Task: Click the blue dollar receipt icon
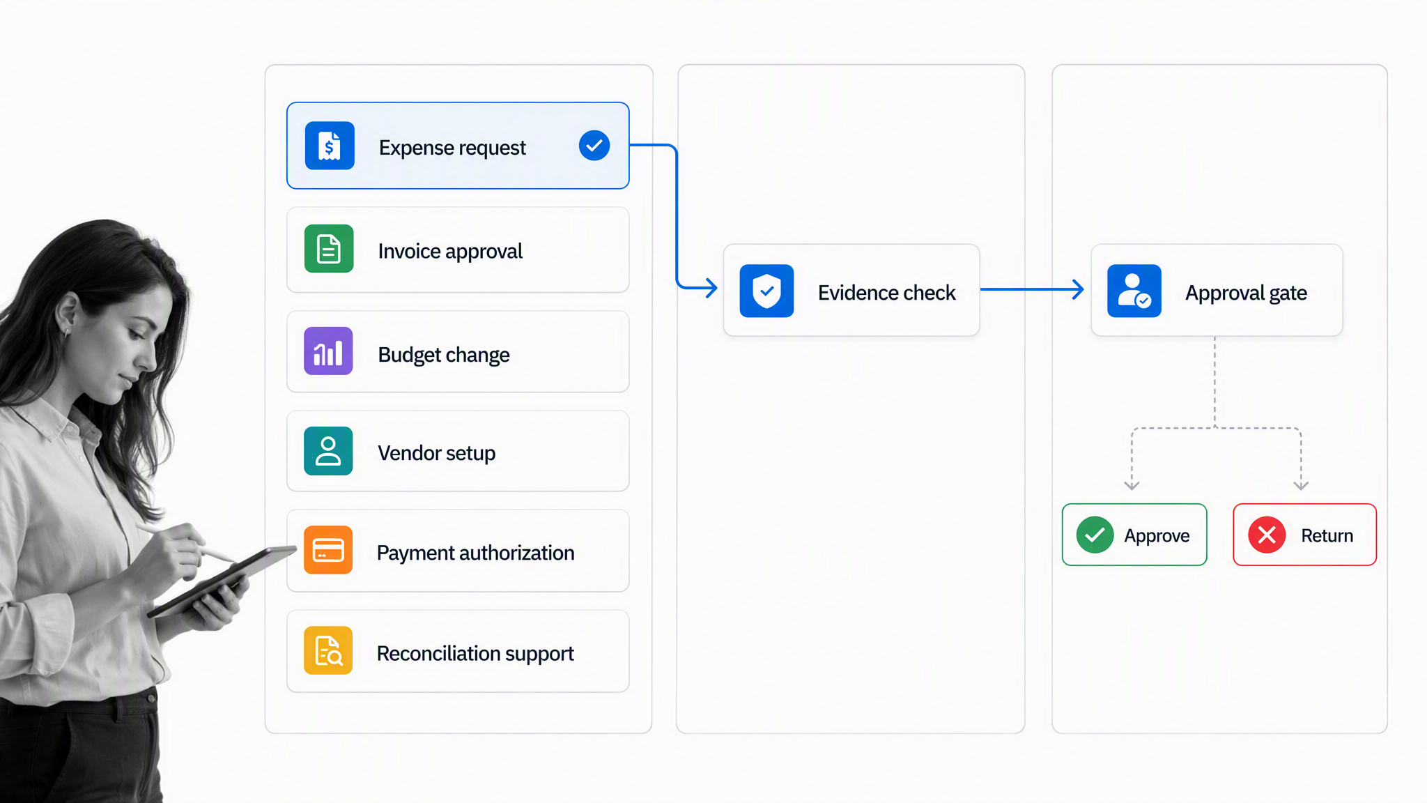coord(330,146)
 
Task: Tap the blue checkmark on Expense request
coord(594,146)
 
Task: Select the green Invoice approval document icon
coord(329,249)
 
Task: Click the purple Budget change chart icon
coord(328,351)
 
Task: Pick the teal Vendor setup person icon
coord(328,451)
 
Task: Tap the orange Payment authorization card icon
coord(328,550)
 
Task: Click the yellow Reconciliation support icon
coord(328,650)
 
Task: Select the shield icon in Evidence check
coord(766,291)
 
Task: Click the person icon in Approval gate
coord(1134,291)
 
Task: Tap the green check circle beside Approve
coord(1095,535)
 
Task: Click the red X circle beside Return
coord(1267,535)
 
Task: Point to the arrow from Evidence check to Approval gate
coord(1032,289)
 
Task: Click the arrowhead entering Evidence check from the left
coord(711,287)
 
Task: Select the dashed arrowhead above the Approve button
coord(1132,485)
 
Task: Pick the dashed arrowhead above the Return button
coord(1301,485)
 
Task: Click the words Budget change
coord(444,355)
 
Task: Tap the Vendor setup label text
coord(437,453)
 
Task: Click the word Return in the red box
coord(1327,535)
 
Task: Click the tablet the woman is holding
coord(222,581)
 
